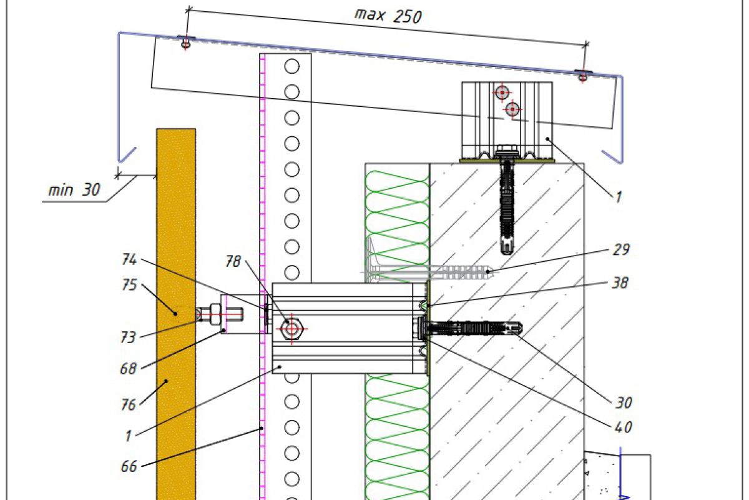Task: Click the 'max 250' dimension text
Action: coord(388,16)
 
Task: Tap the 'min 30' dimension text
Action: coord(74,189)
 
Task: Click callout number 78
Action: coord(233,261)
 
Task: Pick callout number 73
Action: coord(128,337)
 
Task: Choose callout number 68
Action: coord(128,369)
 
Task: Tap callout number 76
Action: coord(128,405)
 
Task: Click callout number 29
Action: coord(621,249)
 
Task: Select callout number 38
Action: coord(620,282)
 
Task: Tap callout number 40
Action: coord(622,427)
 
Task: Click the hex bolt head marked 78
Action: coord(291,327)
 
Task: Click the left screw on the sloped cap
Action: coord(185,44)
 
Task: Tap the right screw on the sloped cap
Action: coord(583,76)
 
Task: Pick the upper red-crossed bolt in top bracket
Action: coord(502,93)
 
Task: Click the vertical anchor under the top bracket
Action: coord(507,206)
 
